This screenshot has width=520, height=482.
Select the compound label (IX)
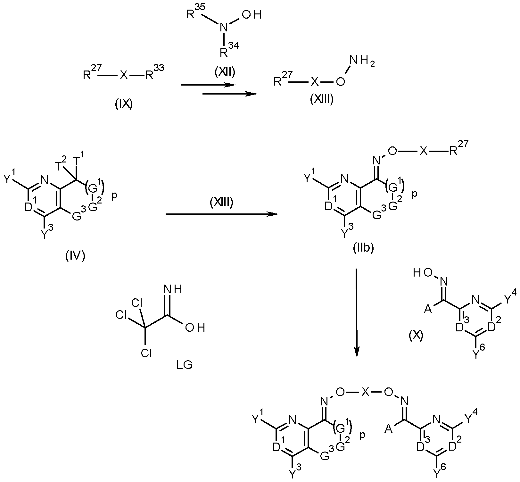click(124, 105)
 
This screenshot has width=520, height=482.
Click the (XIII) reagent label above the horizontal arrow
click(221, 203)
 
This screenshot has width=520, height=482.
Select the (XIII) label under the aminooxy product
click(322, 100)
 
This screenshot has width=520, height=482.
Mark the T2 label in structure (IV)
click(61, 165)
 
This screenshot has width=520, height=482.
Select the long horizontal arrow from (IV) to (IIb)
click(222, 214)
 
